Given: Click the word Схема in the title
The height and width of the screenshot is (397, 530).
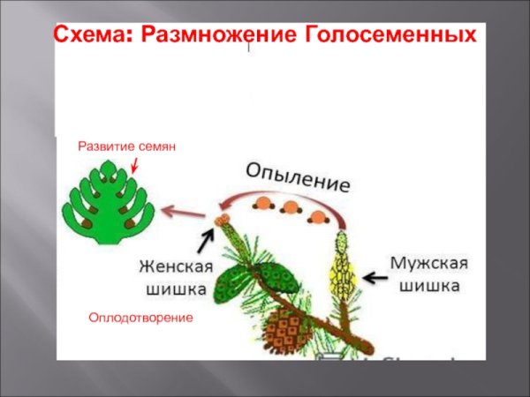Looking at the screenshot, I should [x=88, y=36].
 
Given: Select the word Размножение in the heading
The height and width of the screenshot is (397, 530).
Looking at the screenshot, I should [x=214, y=36].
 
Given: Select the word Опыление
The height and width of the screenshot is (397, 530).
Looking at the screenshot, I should [x=297, y=177].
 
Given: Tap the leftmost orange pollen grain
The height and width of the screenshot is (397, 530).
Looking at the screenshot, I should [x=261, y=205].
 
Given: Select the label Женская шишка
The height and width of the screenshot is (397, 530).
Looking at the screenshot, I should [x=173, y=276].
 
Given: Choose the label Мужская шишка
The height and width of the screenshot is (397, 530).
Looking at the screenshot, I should [x=428, y=274].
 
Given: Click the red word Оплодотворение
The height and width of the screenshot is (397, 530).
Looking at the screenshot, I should [x=140, y=316].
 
